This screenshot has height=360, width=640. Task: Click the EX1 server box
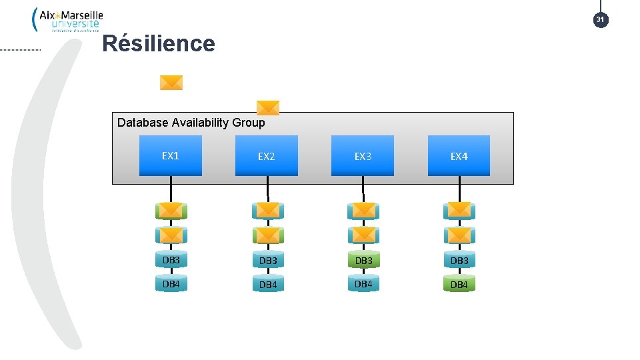pyautogui.click(x=171, y=156)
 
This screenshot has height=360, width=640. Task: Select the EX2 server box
pyautogui.click(x=267, y=156)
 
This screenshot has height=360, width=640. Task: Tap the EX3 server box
pyautogui.click(x=363, y=156)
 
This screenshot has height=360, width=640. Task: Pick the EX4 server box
pyautogui.click(x=459, y=156)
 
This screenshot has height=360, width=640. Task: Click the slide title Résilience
pyautogui.click(x=159, y=44)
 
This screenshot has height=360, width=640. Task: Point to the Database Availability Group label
pyautogui.click(x=191, y=123)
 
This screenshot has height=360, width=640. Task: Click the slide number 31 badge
pyautogui.click(x=600, y=20)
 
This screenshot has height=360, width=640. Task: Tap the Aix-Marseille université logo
pyautogui.click(x=67, y=19)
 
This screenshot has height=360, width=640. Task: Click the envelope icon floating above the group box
pyautogui.click(x=171, y=83)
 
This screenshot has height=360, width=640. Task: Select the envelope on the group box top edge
pyautogui.click(x=268, y=108)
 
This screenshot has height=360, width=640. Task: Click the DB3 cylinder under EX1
pyautogui.click(x=171, y=260)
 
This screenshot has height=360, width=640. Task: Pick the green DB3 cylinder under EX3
pyautogui.click(x=363, y=260)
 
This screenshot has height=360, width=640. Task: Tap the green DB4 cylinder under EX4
pyautogui.click(x=459, y=285)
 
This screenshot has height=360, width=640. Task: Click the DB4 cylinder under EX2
pyautogui.click(x=267, y=285)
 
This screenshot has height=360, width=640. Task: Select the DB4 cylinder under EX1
pyautogui.click(x=171, y=285)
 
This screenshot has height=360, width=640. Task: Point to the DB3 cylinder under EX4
pyautogui.click(x=459, y=260)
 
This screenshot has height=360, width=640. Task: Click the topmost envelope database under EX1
pyautogui.click(x=171, y=211)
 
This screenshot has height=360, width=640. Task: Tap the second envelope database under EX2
pyautogui.click(x=267, y=235)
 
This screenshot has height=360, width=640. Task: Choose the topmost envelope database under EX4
pyautogui.click(x=459, y=211)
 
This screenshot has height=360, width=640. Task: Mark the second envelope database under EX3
pyautogui.click(x=363, y=235)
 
